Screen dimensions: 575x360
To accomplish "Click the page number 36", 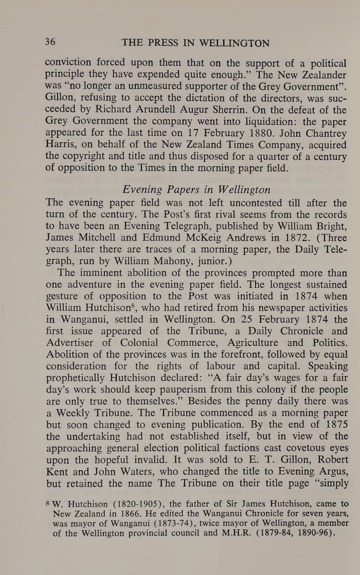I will coord(51,43).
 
